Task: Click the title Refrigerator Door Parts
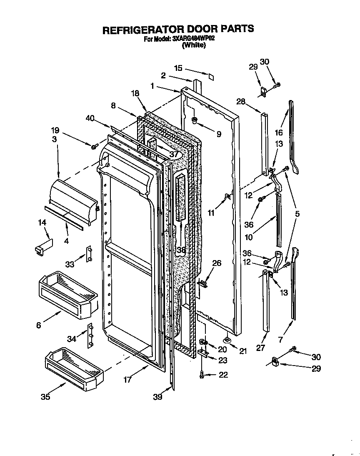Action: [x=178, y=29]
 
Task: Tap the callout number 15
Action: [x=178, y=68]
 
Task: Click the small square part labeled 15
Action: [x=211, y=77]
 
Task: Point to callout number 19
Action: [x=55, y=130]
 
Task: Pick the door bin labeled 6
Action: [x=67, y=291]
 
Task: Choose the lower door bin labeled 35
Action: [x=73, y=368]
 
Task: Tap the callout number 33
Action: [x=70, y=263]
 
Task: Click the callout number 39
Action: [x=157, y=397]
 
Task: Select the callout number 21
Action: [x=242, y=351]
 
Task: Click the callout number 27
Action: [x=261, y=348]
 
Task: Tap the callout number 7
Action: [x=280, y=340]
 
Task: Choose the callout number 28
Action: [x=240, y=101]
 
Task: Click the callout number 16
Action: [x=279, y=133]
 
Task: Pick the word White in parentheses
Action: [x=194, y=45]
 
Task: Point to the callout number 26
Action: [x=217, y=263]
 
